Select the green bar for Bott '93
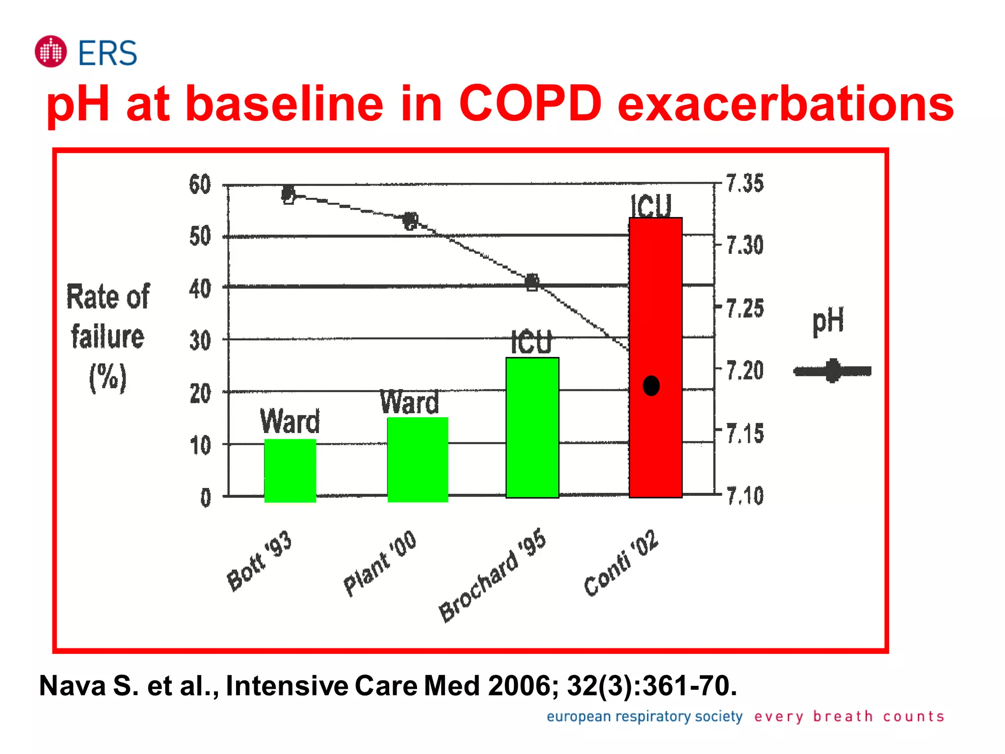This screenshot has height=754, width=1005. point(290,470)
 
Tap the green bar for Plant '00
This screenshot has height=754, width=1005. point(418,459)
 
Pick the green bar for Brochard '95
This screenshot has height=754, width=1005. point(532,428)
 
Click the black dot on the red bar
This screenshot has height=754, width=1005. point(651,386)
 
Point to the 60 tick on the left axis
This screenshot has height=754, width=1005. point(200,185)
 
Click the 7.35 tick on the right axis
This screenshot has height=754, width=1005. point(745,184)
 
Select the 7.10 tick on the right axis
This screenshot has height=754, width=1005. point(745,496)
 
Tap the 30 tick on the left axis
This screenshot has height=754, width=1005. point(200,341)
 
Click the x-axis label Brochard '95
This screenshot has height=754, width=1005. point(493,575)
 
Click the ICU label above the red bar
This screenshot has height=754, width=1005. point(651,206)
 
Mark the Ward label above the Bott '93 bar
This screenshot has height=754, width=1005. point(290,422)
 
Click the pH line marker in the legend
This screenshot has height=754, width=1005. point(832,371)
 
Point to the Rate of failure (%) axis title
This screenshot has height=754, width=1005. point(108,337)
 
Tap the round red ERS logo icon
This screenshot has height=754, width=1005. point(51,52)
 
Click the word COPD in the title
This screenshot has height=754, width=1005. point(530,104)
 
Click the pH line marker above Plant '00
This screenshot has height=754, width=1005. point(411,221)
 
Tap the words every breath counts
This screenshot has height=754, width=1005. point(849,716)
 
